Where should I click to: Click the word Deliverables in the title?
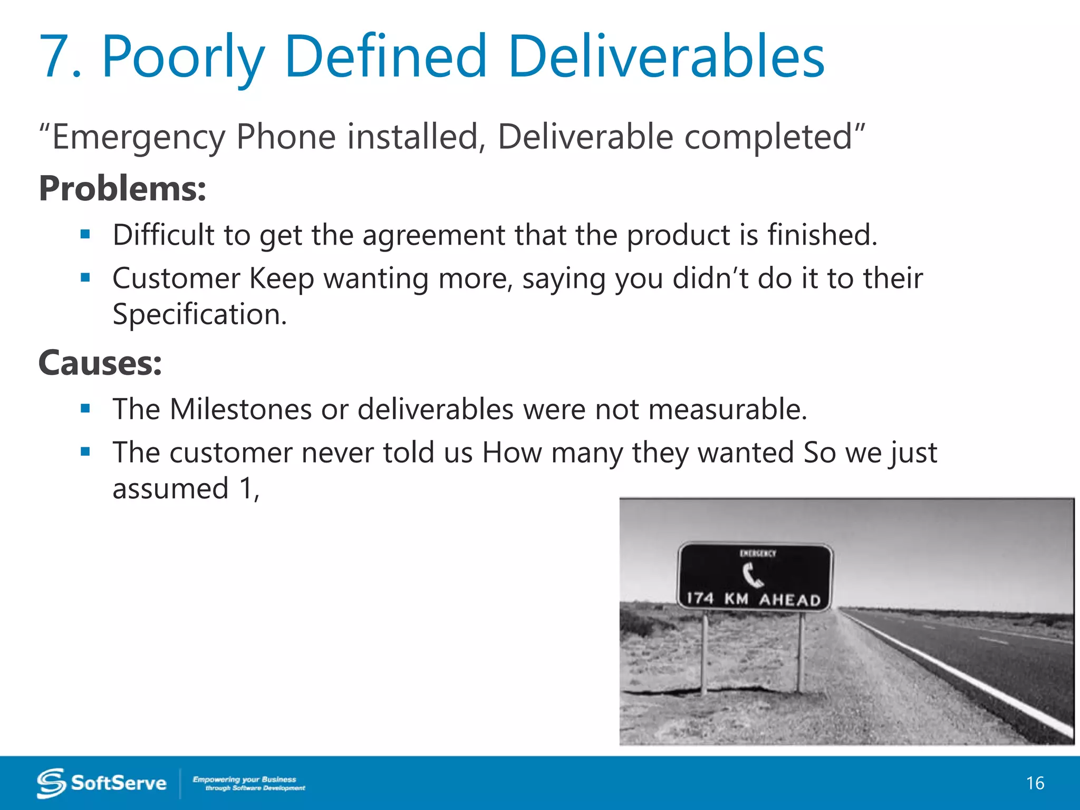point(666,56)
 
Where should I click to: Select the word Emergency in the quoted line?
point(139,137)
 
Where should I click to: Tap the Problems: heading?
point(122,189)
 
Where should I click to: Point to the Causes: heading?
point(100,363)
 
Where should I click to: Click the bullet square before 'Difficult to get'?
point(85,234)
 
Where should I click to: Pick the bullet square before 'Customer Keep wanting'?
point(85,277)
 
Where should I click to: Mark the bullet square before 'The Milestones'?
point(85,408)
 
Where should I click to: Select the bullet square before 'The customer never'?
point(85,451)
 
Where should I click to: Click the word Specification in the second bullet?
point(199,314)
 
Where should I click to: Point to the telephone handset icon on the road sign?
point(753,575)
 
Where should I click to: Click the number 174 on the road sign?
point(700,598)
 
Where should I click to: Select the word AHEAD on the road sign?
point(789,600)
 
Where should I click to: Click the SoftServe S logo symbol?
point(51,783)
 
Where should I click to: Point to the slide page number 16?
point(1035,783)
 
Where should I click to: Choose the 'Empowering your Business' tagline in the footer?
point(245,779)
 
